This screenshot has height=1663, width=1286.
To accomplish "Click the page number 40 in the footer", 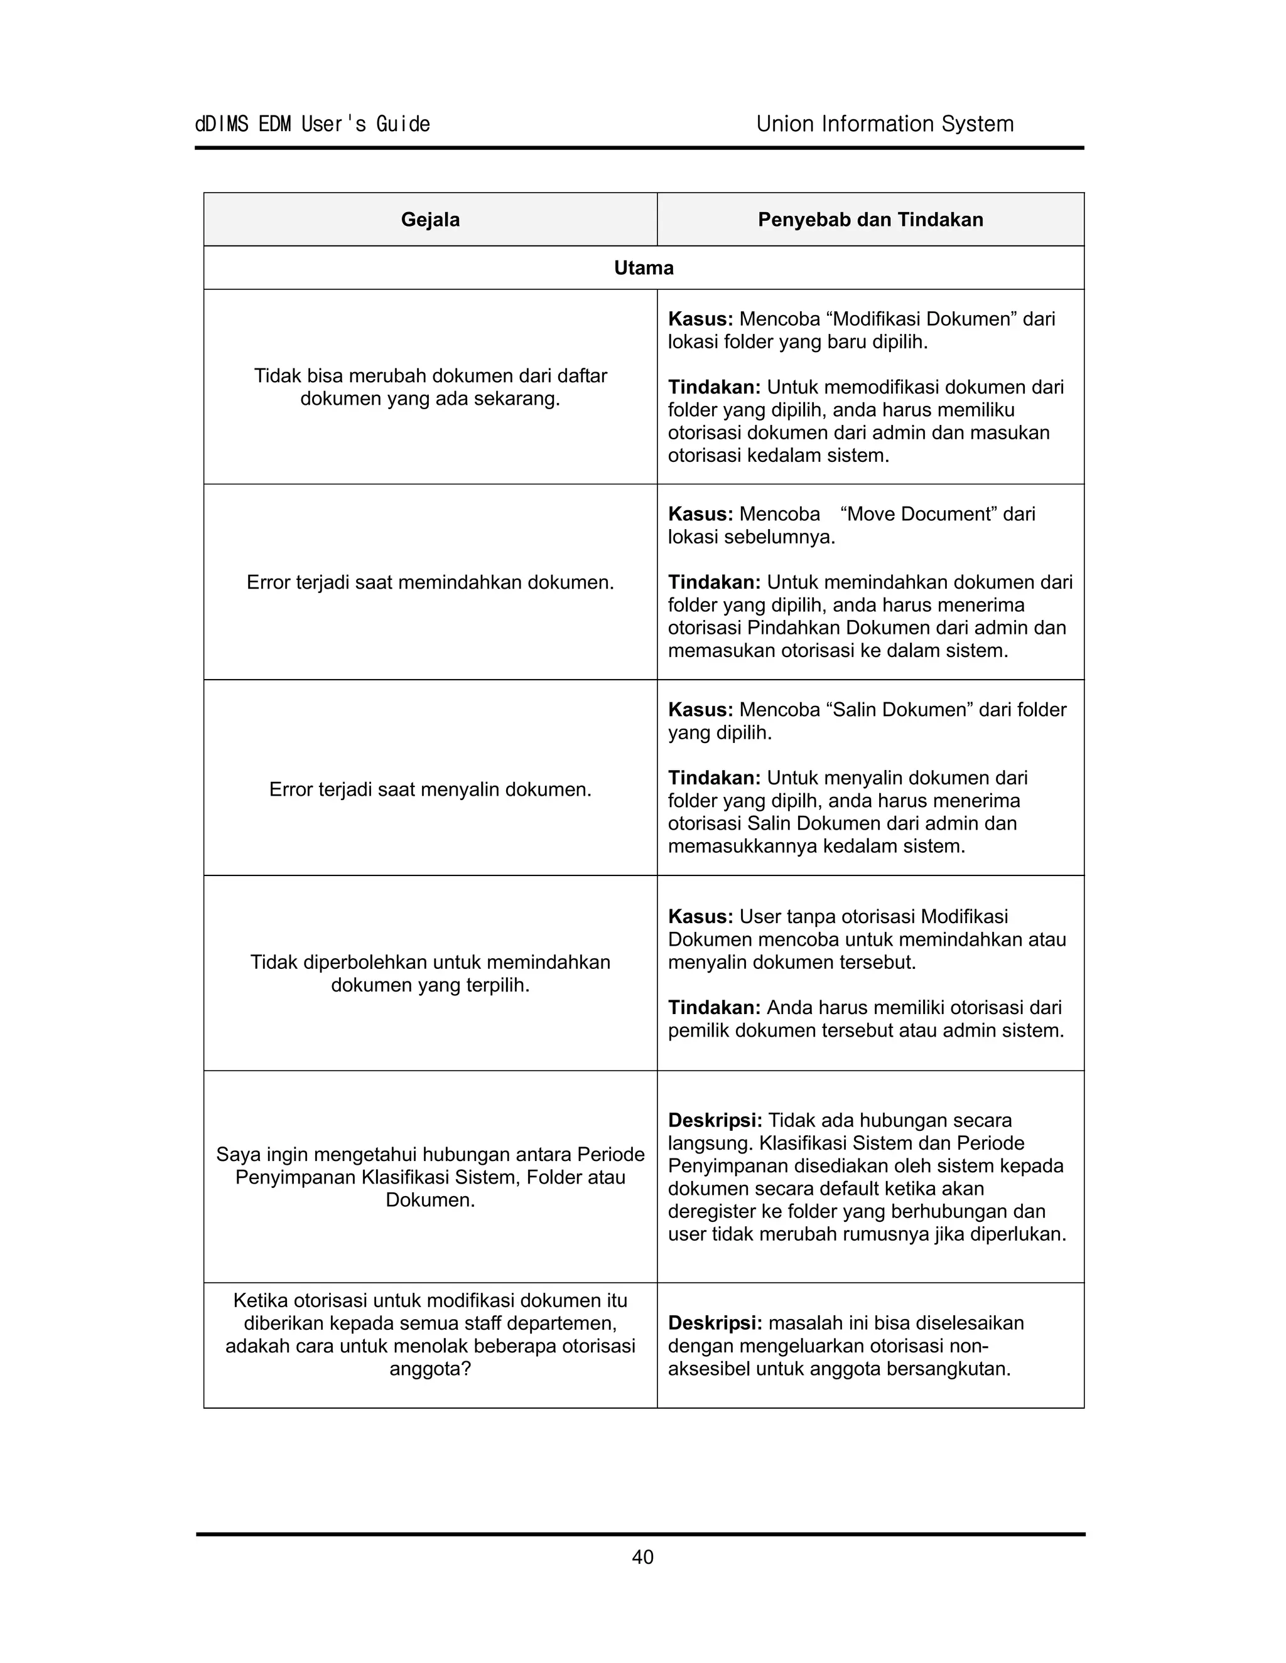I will click(642, 1557).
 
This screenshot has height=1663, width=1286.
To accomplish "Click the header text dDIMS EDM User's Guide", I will click(312, 124).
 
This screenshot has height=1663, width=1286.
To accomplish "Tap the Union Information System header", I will click(885, 124).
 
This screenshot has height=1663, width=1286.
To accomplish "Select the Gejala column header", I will click(430, 220).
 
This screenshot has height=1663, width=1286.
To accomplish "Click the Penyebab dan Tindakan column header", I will click(870, 220).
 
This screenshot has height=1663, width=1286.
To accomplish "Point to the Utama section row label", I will click(643, 268).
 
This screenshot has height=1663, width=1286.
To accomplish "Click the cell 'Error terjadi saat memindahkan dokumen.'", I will click(430, 582).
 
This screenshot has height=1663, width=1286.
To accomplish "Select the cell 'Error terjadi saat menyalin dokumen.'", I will click(430, 789).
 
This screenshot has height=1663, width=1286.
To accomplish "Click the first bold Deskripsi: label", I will click(715, 1120).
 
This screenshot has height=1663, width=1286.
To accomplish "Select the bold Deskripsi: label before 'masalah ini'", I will click(715, 1323).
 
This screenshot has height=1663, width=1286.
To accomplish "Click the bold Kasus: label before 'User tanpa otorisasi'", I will click(700, 917).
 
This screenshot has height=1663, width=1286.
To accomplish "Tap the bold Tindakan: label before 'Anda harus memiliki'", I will click(714, 1008).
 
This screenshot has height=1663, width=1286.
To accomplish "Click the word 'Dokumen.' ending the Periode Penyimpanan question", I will click(430, 1200).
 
